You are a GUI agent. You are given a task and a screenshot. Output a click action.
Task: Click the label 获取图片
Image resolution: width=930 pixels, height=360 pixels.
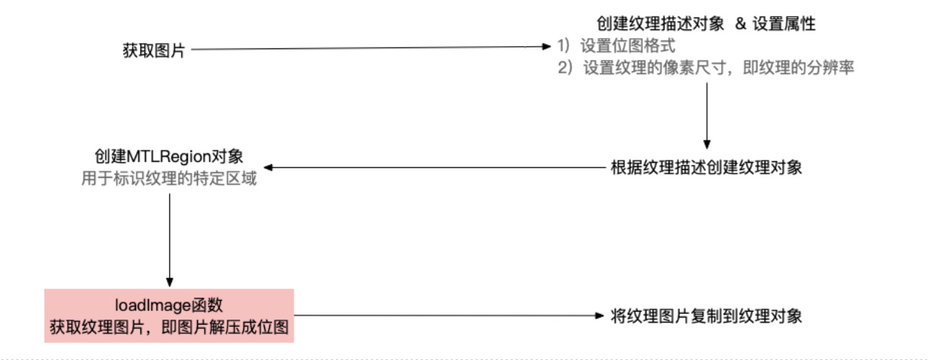[154, 50]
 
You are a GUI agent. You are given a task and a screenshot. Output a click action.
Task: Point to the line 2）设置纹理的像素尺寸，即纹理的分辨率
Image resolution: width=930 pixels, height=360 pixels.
[705, 69]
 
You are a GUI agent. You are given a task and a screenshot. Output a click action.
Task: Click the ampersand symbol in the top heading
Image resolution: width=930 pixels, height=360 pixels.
[740, 24]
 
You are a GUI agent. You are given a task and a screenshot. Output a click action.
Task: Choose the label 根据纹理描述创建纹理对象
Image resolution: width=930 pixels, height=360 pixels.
[705, 168]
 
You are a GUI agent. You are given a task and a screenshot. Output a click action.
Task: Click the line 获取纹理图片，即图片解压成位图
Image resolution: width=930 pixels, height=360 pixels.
[169, 325]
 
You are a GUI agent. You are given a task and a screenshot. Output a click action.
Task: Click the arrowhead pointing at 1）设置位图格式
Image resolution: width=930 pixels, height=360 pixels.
[546, 48]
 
